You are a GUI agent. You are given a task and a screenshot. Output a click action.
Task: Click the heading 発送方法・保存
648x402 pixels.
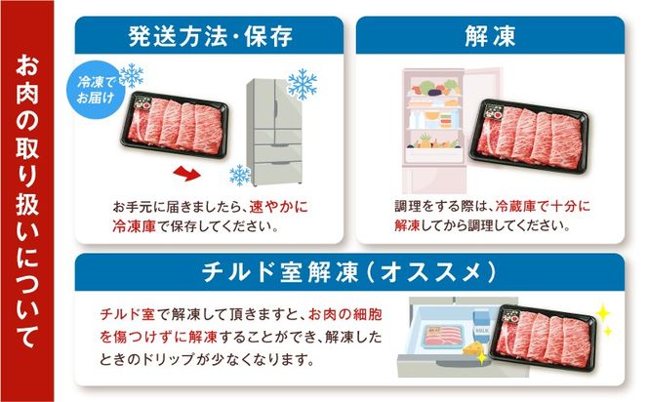211,36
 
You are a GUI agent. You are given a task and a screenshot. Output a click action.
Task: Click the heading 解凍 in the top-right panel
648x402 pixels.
490,36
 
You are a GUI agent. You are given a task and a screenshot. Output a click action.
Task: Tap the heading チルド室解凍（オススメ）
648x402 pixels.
349,272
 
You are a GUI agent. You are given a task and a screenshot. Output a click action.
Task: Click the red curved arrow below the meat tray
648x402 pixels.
186,173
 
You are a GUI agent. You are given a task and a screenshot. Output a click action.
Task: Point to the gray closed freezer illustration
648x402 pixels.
274,132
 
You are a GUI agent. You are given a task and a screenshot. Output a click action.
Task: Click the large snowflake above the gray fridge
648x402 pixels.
303,84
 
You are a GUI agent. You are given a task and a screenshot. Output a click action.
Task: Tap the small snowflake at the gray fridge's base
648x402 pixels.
240,176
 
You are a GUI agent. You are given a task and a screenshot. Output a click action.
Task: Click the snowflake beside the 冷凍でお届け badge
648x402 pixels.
132,75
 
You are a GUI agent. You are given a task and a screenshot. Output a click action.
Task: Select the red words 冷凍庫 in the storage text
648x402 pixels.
134,226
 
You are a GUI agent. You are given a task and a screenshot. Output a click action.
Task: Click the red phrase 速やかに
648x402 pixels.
278,207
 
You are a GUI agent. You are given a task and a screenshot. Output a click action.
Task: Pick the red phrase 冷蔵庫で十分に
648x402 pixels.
543,206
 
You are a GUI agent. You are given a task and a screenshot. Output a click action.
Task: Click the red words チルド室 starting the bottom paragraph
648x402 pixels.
127,315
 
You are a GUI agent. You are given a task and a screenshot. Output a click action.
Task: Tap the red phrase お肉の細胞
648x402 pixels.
345,315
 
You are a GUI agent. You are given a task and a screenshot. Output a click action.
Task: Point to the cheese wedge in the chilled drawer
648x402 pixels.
474,348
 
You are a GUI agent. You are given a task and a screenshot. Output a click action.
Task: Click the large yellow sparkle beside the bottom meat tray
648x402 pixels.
603,313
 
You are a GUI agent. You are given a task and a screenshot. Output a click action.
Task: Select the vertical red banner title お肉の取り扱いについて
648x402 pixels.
27,201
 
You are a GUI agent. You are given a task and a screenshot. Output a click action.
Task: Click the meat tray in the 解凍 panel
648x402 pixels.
530,136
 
